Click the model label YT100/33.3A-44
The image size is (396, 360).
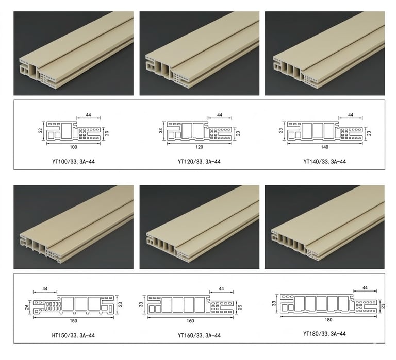pyautogui.click(x=74, y=161)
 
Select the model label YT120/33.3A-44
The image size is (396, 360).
pyautogui.click(x=199, y=161)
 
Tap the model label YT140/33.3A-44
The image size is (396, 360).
pyautogui.click(x=324, y=161)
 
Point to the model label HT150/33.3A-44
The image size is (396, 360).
pyautogui.click(x=73, y=335)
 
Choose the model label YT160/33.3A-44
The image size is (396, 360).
pyautogui.click(x=199, y=335)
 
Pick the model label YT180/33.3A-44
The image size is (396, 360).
pyautogui.click(x=324, y=334)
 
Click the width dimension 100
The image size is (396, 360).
pyautogui.click(x=73, y=147)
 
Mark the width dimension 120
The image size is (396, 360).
pyautogui.click(x=199, y=147)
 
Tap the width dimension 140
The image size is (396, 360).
pyautogui.click(x=325, y=147)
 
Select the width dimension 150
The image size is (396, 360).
pyautogui.click(x=73, y=321)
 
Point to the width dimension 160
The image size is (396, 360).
pyautogui.click(x=190, y=321)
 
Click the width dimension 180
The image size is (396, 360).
pyautogui.click(x=328, y=320)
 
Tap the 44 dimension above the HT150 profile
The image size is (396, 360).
pyautogui.click(x=45, y=288)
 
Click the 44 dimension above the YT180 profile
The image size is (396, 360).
pyautogui.click(x=365, y=287)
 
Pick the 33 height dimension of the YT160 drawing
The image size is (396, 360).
pyautogui.click(x=141, y=304)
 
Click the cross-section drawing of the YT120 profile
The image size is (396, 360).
pyautogui.click(x=199, y=130)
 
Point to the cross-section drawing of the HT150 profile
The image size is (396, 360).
pyautogui.click(x=74, y=304)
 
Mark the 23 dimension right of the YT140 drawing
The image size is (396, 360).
pyautogui.click(x=369, y=133)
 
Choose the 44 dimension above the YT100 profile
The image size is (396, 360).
pyautogui.click(x=88, y=115)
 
